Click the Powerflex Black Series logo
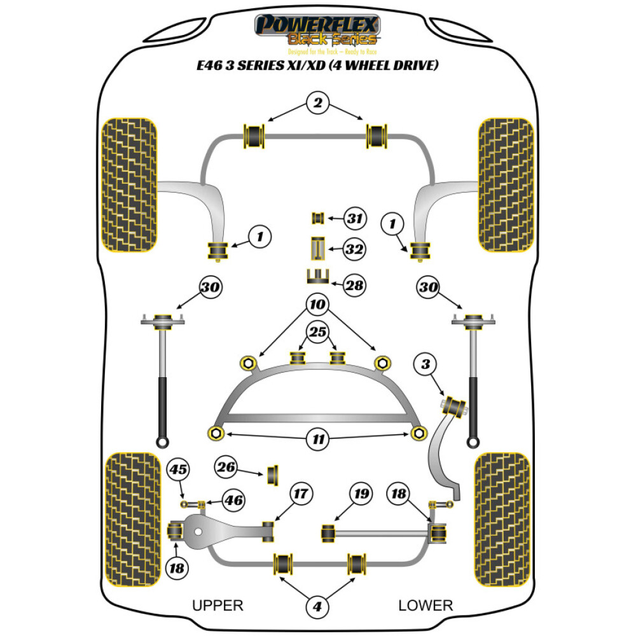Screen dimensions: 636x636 (317, 32)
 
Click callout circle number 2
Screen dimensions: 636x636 (318, 102)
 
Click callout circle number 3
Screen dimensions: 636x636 (425, 364)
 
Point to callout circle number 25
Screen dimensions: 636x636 (318, 331)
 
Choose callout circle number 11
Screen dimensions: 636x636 (317, 438)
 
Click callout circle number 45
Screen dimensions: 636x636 (179, 471)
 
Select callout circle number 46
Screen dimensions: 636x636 (233, 501)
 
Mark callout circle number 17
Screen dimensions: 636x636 (301, 493)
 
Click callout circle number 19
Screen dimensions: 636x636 (361, 493)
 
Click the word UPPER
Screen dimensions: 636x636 (218, 605)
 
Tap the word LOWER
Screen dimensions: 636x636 (425, 605)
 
